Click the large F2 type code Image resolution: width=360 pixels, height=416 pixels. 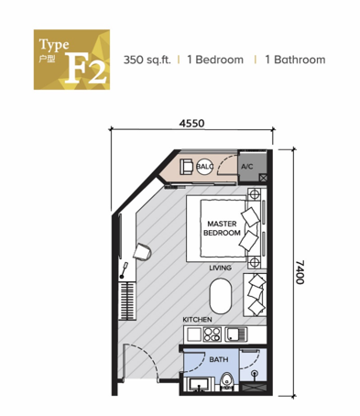86,69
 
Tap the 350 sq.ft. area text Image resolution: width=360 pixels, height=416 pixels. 147,60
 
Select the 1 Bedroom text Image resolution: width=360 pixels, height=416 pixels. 215,60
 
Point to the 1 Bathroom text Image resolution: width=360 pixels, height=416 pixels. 295,60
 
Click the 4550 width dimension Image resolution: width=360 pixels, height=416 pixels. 191,124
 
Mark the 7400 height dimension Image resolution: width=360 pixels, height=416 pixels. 300,272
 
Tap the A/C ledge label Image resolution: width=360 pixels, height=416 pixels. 247,167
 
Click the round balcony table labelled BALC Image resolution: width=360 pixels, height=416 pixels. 204,167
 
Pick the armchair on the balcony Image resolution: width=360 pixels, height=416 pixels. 186,167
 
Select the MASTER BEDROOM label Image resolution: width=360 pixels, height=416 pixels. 222,228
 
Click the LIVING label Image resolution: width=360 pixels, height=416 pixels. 220,268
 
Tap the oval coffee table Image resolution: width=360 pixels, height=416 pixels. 221,296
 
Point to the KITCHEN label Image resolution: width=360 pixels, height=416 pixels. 197,320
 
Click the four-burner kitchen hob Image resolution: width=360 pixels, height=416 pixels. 212,334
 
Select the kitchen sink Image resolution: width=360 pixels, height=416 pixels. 235,334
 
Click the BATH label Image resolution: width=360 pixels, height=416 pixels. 219,359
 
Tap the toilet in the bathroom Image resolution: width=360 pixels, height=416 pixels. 227,381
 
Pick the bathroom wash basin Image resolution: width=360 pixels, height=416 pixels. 199,384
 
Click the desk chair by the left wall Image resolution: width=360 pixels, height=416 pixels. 142,252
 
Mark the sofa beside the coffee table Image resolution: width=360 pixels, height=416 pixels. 255,295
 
